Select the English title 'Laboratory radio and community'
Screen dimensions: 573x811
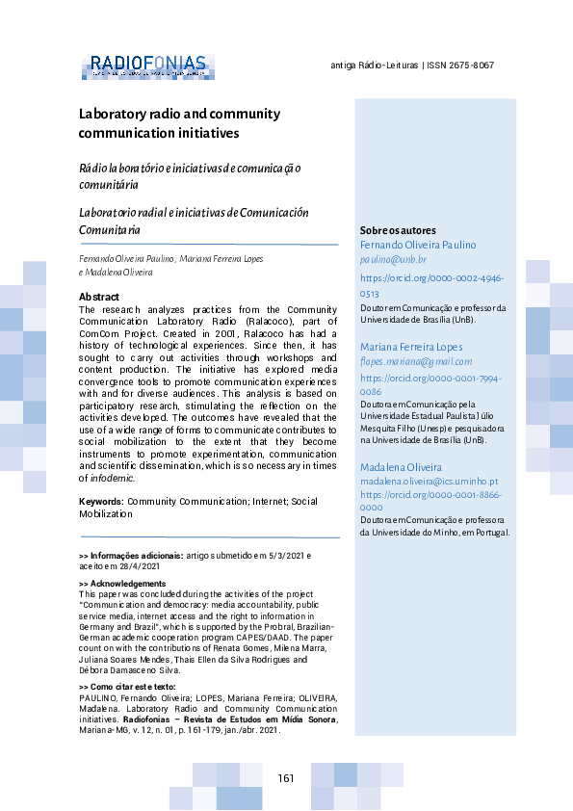[x=179, y=114]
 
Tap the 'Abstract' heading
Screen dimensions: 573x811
[x=98, y=297]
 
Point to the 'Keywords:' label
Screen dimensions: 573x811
[x=101, y=502]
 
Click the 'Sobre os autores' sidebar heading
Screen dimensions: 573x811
[x=398, y=231]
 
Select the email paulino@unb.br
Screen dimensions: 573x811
[x=393, y=260]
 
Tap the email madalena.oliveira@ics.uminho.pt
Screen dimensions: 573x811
[x=429, y=481]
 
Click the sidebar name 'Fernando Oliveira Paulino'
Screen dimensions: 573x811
[x=418, y=246]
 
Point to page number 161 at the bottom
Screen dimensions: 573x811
[x=286, y=778]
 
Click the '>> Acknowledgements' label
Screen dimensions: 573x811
[x=122, y=584]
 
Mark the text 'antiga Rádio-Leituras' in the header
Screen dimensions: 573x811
[x=374, y=65]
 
